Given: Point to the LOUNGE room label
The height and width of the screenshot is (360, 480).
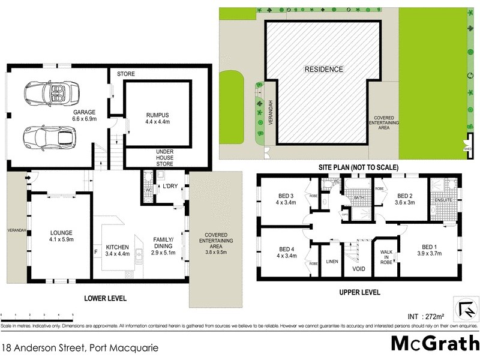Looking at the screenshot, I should point(61,232).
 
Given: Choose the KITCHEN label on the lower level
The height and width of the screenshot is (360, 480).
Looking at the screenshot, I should point(118,247).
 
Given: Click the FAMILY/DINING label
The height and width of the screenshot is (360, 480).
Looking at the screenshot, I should point(163,242).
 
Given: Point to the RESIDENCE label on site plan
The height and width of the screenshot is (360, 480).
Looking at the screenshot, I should point(323,69).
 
